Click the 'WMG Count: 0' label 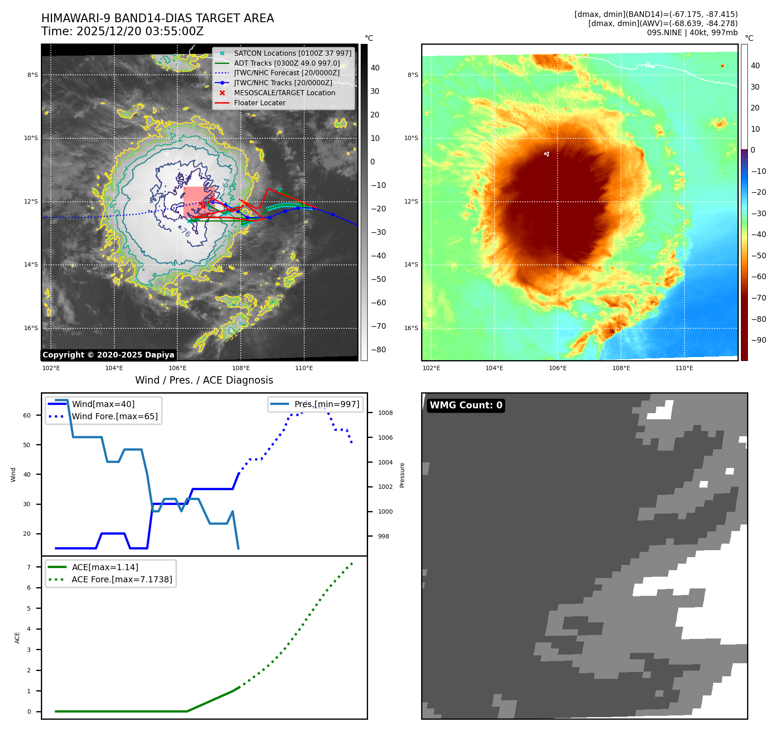coord(466,405)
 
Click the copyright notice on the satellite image coord(108,355)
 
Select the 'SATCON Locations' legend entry coord(292,53)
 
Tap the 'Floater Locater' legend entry coord(259,103)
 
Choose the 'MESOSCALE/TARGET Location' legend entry coord(284,93)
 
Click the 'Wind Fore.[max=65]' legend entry coord(115,416)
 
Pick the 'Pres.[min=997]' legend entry coord(327,404)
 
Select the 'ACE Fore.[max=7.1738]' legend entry coord(122,579)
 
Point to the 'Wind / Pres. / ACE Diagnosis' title coord(204,380)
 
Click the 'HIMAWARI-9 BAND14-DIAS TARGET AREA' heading coord(157,18)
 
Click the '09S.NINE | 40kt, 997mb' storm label coord(692,33)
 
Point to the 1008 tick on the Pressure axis coord(385,413)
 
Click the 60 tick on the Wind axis coord(27,415)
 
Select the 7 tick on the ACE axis coord(29,567)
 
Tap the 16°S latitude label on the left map coord(31,328)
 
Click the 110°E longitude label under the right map coord(684,368)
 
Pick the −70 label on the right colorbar coord(758,298)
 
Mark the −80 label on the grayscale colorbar coord(378,350)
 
